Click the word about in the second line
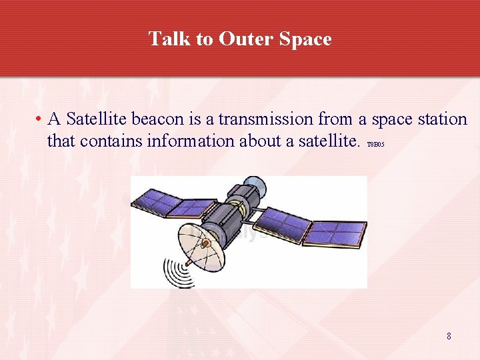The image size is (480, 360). pyautogui.click(x=251, y=141)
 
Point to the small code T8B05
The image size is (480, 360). pyautogui.click(x=376, y=144)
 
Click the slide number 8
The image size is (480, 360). pyautogui.click(x=449, y=336)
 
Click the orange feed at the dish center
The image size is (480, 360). pyautogui.click(x=206, y=244)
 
